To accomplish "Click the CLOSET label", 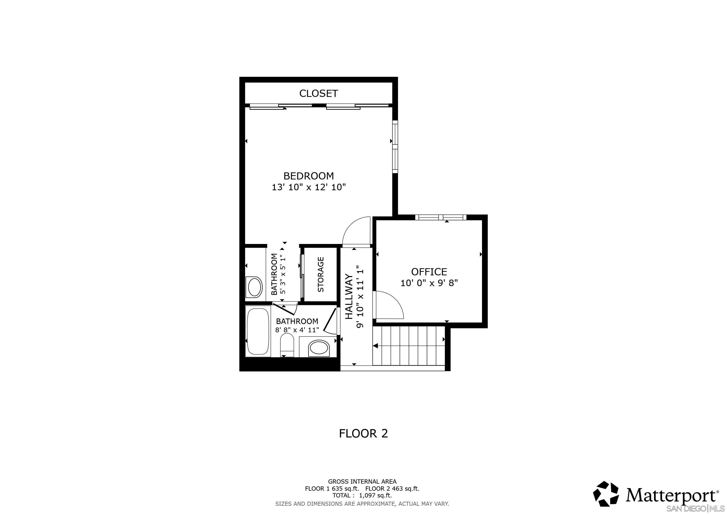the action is [x=319, y=93].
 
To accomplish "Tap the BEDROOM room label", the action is [x=309, y=176].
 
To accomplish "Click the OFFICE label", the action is [x=429, y=272].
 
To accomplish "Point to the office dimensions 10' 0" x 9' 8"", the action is [x=429, y=283].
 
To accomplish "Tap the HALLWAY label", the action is [x=349, y=297].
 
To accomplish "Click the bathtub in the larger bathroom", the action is [x=258, y=331].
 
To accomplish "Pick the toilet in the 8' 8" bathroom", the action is [x=287, y=346].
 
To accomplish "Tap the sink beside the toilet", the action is [x=319, y=348].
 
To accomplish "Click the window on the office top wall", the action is [x=441, y=217].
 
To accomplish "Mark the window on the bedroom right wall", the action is [x=395, y=147].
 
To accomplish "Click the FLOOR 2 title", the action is [x=363, y=433].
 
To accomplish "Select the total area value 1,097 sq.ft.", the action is [x=375, y=495].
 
